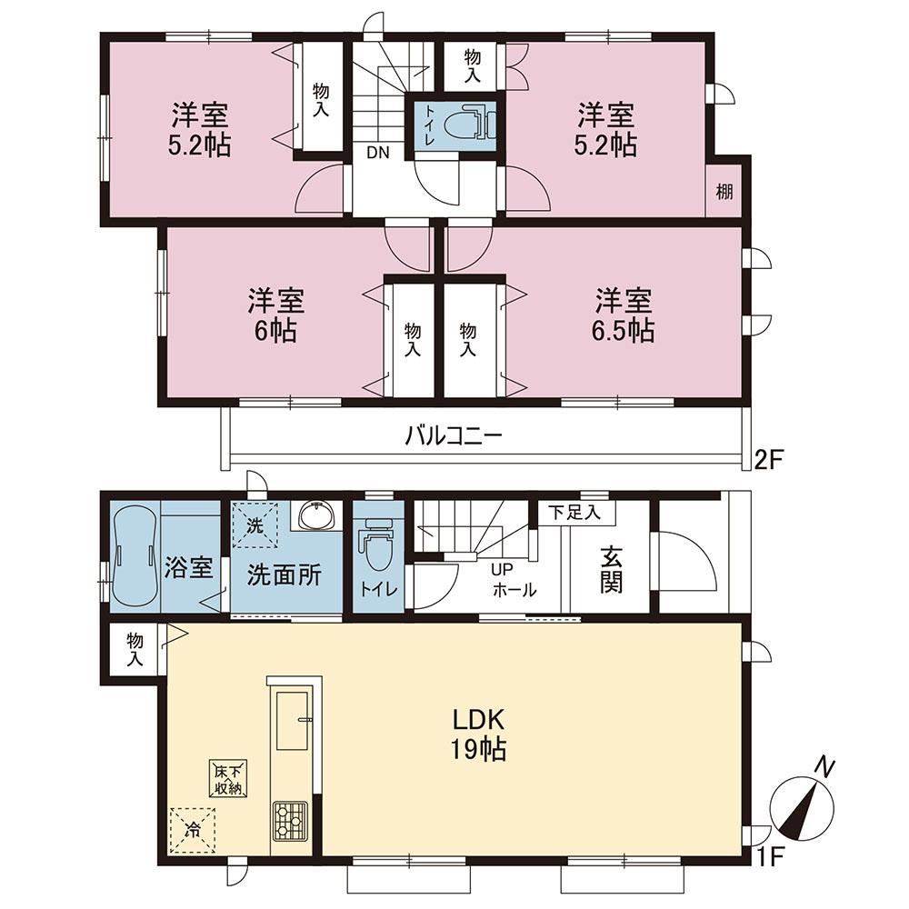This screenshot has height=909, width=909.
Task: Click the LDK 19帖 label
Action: (479, 734)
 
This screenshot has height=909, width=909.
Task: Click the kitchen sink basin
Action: (295, 720)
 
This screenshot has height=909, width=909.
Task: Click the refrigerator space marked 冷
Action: (193, 830)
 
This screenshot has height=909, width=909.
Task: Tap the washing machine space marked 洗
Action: (255, 525)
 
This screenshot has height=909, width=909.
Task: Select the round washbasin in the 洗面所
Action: (317, 515)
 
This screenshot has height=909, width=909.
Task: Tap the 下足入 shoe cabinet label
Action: (574, 513)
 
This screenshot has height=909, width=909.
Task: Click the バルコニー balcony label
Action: (453, 435)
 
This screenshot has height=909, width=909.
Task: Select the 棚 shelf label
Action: (724, 191)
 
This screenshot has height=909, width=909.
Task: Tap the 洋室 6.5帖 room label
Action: (624, 315)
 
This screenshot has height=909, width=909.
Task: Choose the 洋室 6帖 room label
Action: (276, 315)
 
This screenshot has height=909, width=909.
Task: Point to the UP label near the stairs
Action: (502, 570)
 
